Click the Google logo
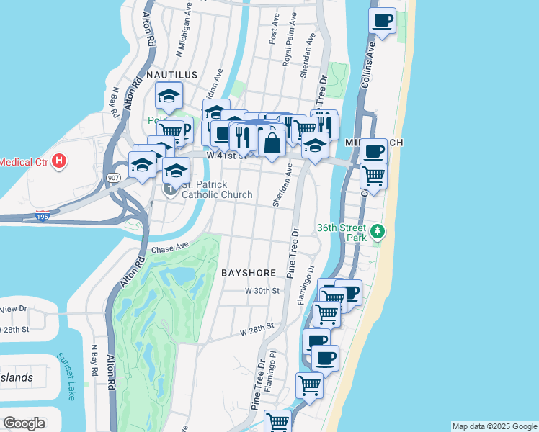[x=24, y=423]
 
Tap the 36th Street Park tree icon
[x=379, y=233]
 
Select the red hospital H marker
[x=60, y=161]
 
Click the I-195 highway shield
[x=43, y=215]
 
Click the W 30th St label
[x=262, y=290]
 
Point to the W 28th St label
[x=258, y=328]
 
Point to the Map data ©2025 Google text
[x=494, y=426]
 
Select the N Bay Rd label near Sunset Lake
[x=94, y=360]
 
